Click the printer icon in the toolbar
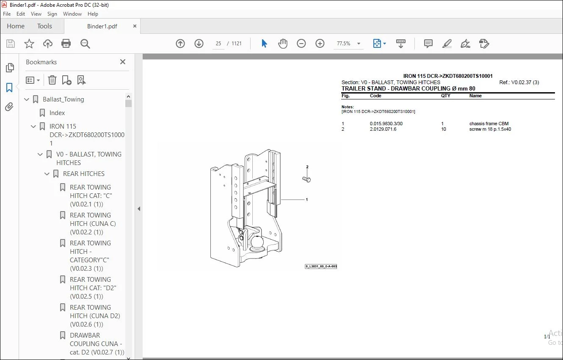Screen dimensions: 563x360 [66, 44]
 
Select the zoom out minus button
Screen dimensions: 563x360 [301, 44]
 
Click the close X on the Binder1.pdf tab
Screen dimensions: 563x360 [135, 26]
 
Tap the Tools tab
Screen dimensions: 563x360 [44, 26]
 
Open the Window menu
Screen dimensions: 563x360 [72, 14]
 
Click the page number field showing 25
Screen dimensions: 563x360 [218, 44]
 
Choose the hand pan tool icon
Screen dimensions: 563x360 [283, 44]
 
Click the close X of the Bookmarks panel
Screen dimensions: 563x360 [123, 62]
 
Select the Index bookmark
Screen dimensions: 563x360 [57, 113]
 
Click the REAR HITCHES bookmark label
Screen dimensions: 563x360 [84, 173]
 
